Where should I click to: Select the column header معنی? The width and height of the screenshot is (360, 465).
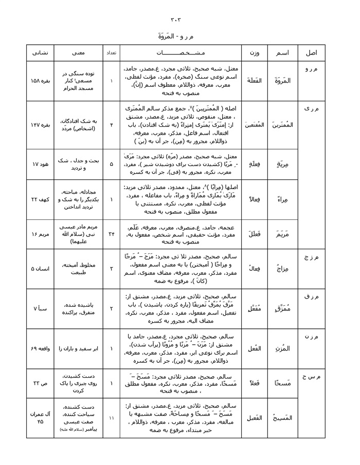pyautogui.click(x=80, y=53)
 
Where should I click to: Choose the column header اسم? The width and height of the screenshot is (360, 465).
pyautogui.click(x=282, y=53)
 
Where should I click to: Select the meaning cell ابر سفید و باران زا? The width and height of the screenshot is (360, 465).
pyautogui.click(x=80, y=348)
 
